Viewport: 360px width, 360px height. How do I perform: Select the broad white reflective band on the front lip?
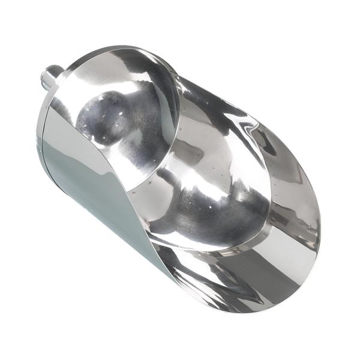click(240, 270)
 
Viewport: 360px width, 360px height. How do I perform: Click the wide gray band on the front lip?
click(282, 264)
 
